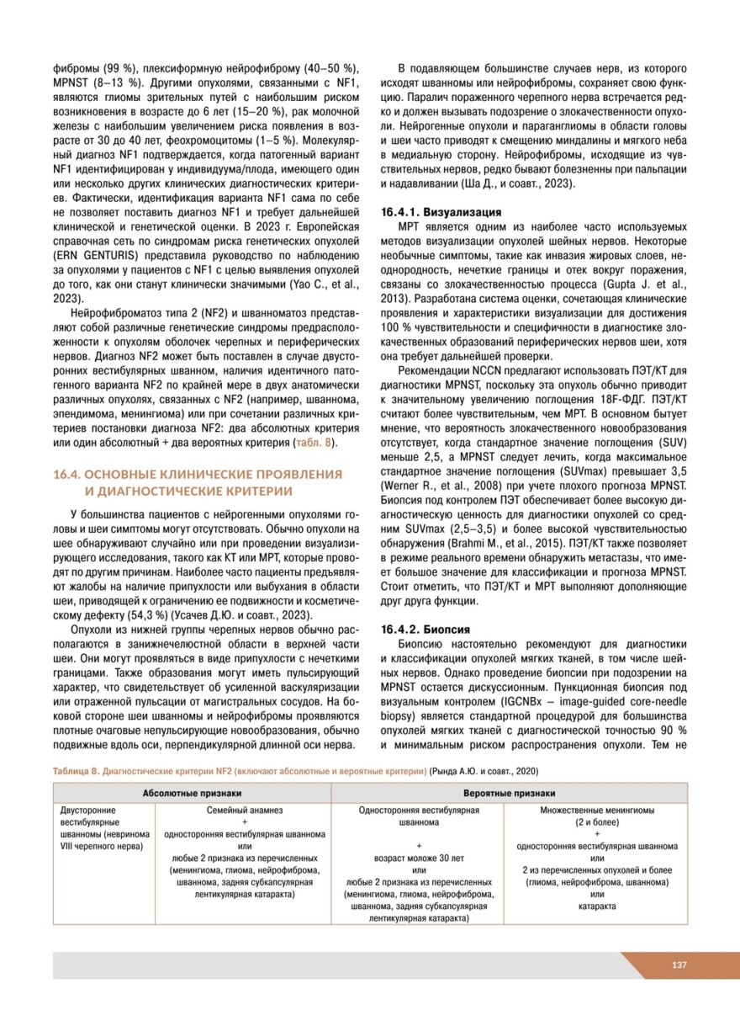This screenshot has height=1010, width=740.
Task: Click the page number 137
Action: (x=680, y=965)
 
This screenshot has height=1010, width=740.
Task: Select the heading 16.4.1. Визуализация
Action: (x=442, y=211)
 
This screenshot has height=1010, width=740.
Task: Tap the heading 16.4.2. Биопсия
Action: (x=426, y=629)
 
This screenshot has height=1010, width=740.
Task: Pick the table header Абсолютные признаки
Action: (x=192, y=793)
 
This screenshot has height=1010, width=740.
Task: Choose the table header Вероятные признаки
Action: (x=509, y=793)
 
